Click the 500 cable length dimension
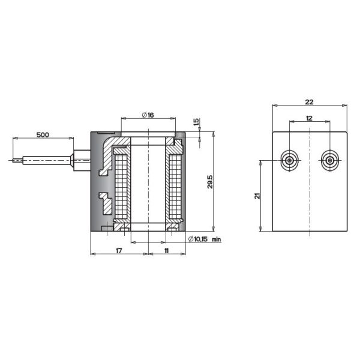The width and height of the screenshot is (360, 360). tap(43, 135)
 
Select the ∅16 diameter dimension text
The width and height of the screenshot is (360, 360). tap(148, 115)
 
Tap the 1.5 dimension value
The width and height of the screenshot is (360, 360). tap(196, 122)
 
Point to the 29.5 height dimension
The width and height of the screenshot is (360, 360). tap(210, 182)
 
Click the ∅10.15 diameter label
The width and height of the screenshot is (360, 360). tap(197, 239)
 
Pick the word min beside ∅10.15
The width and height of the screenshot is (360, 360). tap(216, 239)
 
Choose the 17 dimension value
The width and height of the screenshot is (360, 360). tap(119, 251)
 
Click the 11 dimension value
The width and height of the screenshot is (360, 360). tap(166, 251)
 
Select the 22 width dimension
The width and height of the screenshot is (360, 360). tap(309, 102)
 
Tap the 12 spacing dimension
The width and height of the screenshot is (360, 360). tap(309, 118)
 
